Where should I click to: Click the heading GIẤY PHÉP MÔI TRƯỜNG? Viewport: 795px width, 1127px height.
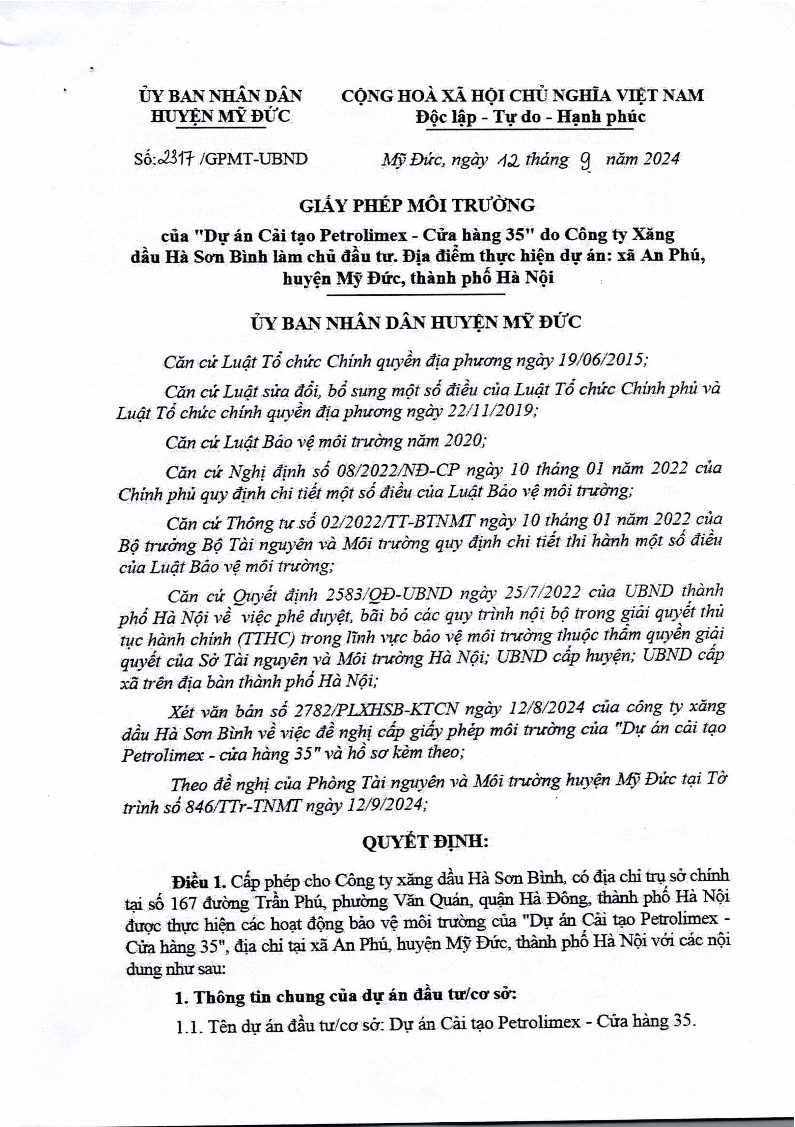(417, 205)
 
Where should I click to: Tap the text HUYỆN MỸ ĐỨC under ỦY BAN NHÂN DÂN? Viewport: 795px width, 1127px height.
(220, 116)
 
